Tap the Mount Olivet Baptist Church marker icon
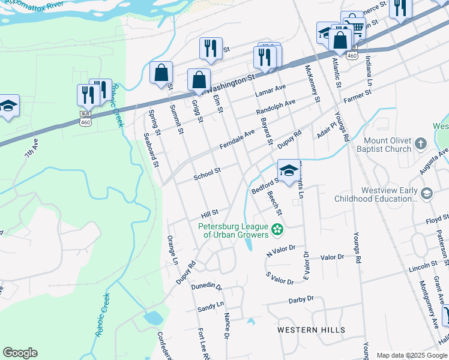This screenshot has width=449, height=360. point(420,143)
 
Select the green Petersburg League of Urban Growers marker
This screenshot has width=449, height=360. point(277,229)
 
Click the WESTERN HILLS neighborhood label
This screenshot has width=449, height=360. point(311,330)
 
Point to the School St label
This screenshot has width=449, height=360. point(207,173)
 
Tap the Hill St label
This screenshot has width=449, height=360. point(209,213)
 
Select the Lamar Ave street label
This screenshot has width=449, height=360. point(271,90)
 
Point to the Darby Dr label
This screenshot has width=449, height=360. point(301,299)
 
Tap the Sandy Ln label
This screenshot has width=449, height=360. point(211,308)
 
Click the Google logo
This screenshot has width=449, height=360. point(20,353)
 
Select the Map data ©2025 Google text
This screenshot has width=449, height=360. point(411,355)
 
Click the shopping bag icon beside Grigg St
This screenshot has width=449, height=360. point(199,80)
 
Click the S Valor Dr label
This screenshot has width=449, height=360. point(280,278)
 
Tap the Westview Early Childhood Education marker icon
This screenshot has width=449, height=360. point(426,193)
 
